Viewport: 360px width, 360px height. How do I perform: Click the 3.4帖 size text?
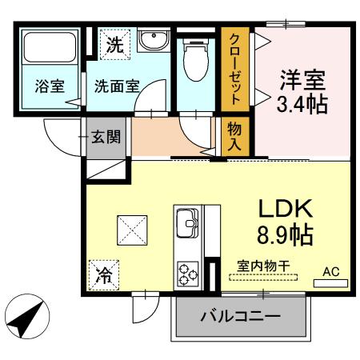coord(302,105)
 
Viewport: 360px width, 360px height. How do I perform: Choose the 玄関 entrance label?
coord(106,137)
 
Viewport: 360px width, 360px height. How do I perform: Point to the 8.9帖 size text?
coord(284,235)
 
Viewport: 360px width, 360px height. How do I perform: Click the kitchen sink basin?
coord(188,220)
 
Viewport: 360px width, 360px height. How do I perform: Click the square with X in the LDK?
coord(133,232)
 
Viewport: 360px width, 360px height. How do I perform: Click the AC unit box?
coord(330,273)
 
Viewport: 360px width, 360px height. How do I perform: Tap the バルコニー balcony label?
coord(240,316)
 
